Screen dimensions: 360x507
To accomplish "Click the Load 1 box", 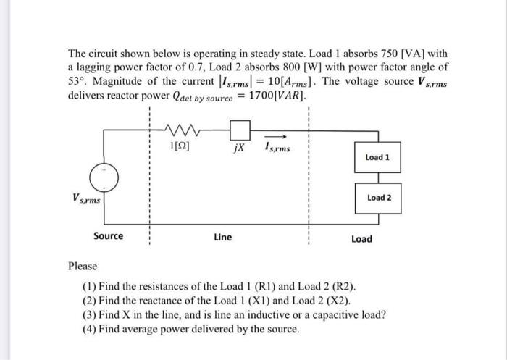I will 377,157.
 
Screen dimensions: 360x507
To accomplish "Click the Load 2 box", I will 377,197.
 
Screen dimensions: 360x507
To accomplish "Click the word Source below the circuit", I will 108,236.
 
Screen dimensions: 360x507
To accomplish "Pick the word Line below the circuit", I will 223,237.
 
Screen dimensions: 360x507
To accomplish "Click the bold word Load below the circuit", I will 361,238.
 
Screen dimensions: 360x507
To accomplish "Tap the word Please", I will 82,267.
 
